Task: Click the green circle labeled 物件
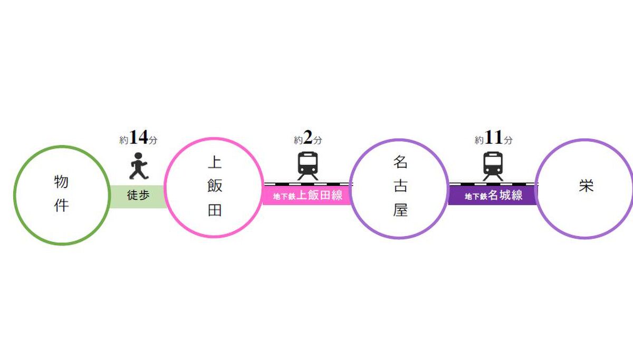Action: point(62,195)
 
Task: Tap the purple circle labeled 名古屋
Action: point(399,188)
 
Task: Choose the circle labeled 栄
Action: point(585,187)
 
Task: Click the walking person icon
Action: point(138,166)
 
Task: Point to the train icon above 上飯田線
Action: point(308,165)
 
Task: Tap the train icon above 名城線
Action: point(493,165)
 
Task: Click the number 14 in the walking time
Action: point(138,138)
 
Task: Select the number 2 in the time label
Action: point(308,139)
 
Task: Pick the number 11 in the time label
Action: point(493,139)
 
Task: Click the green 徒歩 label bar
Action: point(138,196)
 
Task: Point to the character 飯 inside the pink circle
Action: point(215,187)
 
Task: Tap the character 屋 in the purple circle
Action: point(400,211)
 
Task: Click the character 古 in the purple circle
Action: point(400,187)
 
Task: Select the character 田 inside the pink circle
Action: point(215,210)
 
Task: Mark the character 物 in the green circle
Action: point(62,182)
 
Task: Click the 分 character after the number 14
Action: point(152,140)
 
